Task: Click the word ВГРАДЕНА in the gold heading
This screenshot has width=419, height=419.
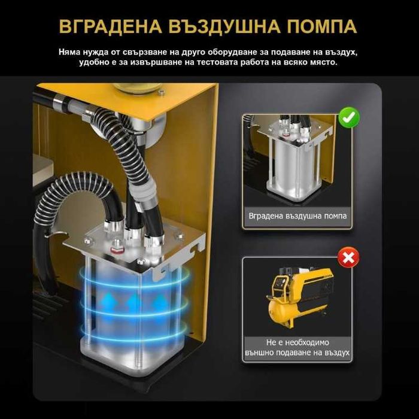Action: click(110, 26)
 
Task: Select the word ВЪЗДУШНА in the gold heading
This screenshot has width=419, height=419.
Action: click(224, 26)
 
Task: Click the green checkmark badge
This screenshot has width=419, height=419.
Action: click(349, 117)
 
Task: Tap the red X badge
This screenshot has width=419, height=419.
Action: click(348, 257)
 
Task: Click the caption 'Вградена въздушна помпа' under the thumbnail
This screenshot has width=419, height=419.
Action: click(297, 216)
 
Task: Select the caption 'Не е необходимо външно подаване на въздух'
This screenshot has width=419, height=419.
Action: click(297, 347)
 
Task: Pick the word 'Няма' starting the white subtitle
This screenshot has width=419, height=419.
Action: click(69, 52)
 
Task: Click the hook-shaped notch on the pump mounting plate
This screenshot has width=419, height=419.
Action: click(197, 247)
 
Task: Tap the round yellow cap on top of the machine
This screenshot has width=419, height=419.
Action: click(137, 88)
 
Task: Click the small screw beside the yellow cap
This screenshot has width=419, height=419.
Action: click(161, 92)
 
